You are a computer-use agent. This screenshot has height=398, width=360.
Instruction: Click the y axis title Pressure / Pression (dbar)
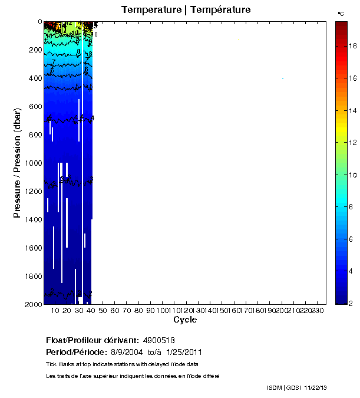coord(17,163)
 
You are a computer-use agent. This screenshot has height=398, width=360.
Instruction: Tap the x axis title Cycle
coord(185,320)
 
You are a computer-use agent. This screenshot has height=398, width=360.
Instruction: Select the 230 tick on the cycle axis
coord(318,311)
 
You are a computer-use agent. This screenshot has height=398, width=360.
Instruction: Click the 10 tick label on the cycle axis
coord(55,311)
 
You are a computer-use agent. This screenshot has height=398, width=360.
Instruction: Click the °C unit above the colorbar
coord(341,13)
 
